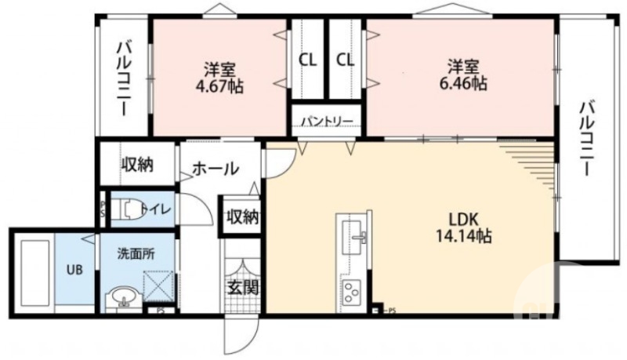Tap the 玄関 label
point(243,287)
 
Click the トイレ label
point(160,209)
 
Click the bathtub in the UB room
point(34,271)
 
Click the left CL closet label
point(307,59)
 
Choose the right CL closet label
point(346,59)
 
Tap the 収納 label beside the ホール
point(136,165)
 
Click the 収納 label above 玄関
point(242,217)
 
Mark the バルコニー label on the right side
point(585,137)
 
